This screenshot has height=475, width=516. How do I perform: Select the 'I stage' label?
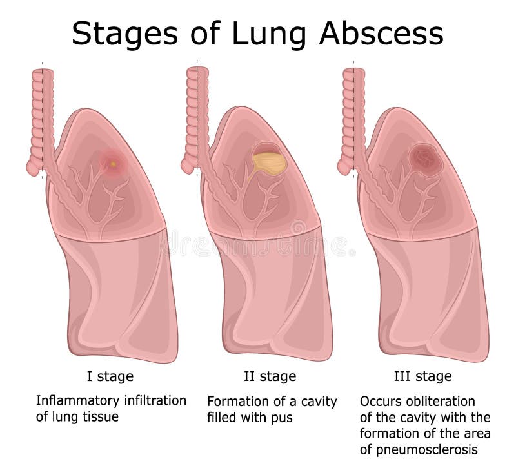tap(110, 376)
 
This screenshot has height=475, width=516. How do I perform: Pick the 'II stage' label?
tap(270, 376)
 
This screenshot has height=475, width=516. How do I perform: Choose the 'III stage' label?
tap(422, 376)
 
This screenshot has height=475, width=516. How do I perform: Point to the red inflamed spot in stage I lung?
tap(113, 163)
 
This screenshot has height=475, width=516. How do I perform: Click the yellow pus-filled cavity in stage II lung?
tap(269, 162)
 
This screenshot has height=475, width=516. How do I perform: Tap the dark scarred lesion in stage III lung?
tap(424, 158)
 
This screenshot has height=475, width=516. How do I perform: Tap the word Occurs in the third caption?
tap(380, 401)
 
